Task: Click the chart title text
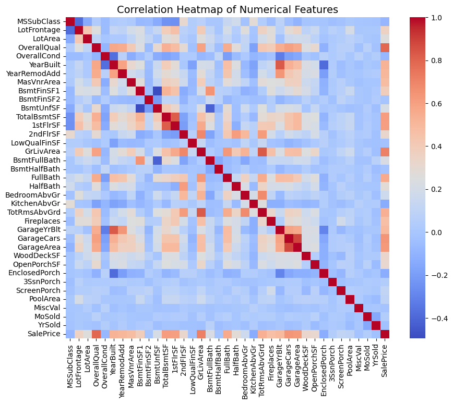tap(227, 9)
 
